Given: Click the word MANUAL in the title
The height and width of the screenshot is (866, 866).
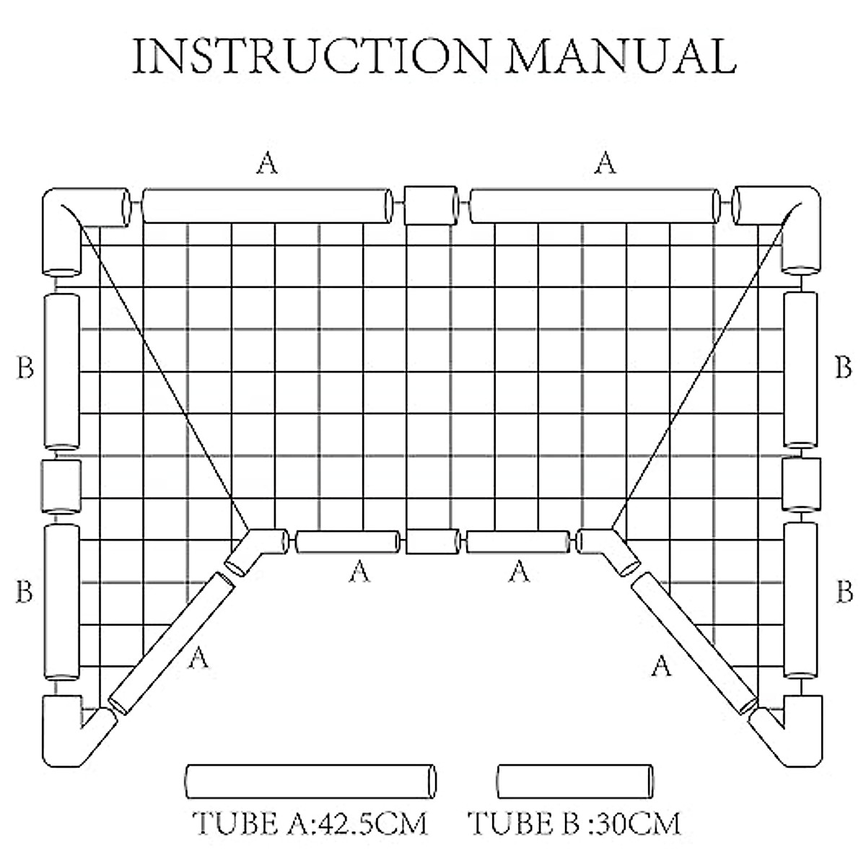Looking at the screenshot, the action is pos(621,56).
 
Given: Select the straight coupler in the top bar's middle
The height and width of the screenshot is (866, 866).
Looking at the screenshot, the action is pos(431,206).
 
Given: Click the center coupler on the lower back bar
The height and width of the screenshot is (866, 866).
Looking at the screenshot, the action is pos(432,541).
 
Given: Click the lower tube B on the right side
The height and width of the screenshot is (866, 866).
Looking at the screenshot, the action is pos(801,600).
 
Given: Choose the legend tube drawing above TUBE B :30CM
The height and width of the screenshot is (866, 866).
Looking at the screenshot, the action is pos(576,782).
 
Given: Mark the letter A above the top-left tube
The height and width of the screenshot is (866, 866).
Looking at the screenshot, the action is pos(267,165).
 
